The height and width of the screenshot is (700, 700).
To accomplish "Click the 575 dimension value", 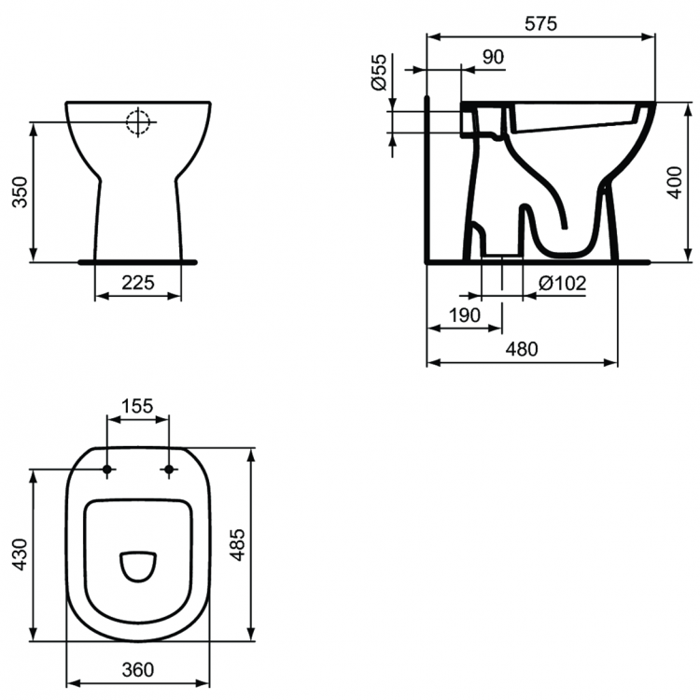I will coord(540,24).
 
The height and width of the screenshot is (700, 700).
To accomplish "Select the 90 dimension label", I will coord(492,57).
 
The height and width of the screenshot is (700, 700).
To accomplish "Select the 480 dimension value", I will coord(522,349).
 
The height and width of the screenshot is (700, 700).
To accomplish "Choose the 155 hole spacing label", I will coord(138,406).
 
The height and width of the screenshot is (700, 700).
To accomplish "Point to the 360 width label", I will coord(138,668).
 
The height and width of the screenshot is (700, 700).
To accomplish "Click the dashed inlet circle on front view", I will coord(138,122).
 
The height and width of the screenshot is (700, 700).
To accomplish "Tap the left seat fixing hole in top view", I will coord(108,469).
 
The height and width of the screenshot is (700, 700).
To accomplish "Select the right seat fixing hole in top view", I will coord(169,469).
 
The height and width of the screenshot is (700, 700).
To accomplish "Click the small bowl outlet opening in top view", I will coord(138,566).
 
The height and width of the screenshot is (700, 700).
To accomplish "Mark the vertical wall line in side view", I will coord(427,177).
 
